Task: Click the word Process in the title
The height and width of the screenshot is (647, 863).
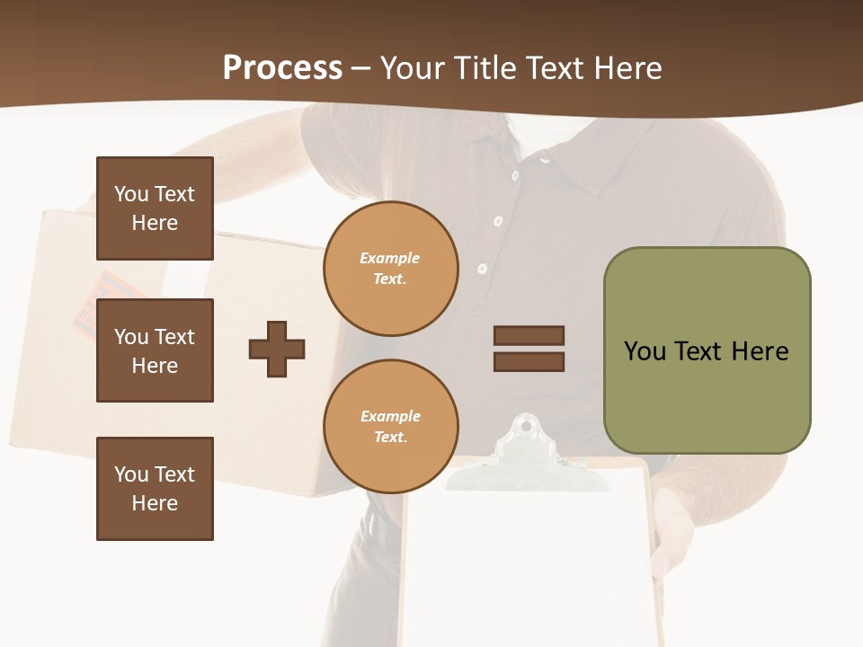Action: (x=282, y=68)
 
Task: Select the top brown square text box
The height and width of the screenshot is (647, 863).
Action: (x=155, y=208)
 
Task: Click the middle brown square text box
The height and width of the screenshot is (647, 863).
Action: (x=155, y=350)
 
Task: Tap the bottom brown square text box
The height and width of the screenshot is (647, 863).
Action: (x=155, y=489)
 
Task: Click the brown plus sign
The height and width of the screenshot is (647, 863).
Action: (x=277, y=349)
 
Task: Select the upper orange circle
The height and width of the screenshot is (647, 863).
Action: (x=390, y=268)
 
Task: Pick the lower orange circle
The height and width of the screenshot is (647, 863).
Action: (x=390, y=426)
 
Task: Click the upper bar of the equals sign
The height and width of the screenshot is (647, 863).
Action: (x=529, y=336)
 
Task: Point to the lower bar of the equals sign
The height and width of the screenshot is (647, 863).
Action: (x=529, y=362)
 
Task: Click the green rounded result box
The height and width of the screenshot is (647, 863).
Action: (x=707, y=350)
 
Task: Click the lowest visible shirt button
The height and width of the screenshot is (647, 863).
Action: (x=483, y=269)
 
